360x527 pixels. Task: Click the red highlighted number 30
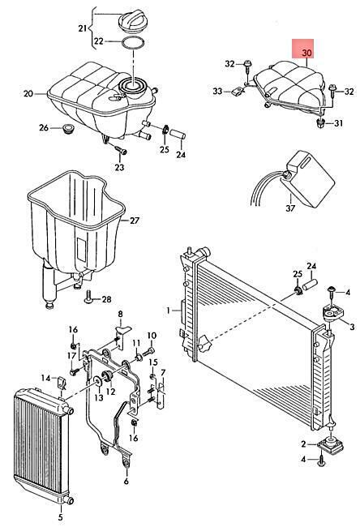[306, 53]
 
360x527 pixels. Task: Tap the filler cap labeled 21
[132, 22]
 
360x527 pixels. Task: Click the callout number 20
[28, 93]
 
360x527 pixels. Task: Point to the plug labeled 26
[69, 128]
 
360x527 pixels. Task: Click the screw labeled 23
[120, 149]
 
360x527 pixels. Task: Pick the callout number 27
[135, 221]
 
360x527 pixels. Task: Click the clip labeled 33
[238, 91]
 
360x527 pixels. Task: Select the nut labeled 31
[320, 123]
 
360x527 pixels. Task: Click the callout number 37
[290, 208]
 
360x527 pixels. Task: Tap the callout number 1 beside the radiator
[168, 311]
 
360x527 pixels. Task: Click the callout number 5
[61, 517]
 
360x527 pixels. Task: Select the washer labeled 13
[98, 382]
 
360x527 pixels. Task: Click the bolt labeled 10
[148, 352]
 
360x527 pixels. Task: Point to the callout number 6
[126, 481]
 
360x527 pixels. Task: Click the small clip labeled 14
[61, 382]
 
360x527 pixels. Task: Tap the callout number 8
[120, 315]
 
